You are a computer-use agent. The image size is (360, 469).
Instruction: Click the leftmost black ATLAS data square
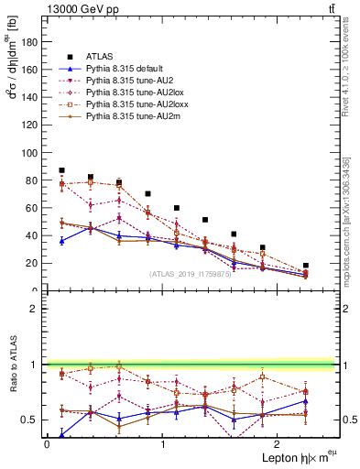[x=61, y=170]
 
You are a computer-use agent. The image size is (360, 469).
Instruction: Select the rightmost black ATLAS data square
[x=306, y=265]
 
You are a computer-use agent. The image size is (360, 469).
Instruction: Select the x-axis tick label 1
[x=162, y=444]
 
